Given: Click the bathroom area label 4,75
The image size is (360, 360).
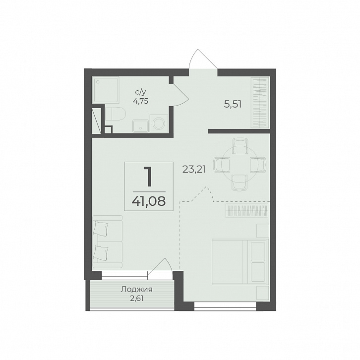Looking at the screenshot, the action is [x=140, y=101].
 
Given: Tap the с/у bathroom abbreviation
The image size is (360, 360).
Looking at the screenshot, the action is [x=140, y=92].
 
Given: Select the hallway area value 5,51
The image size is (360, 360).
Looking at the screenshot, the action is [x=233, y=105].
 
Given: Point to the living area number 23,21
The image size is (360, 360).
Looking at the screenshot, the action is [x=194, y=170].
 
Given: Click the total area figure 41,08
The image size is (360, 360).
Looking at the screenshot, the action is [x=149, y=201].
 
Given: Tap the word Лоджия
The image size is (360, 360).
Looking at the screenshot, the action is [x=136, y=289].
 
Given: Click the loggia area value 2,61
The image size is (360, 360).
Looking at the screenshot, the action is [x=137, y=299].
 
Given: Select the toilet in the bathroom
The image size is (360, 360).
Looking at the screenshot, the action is [x=116, y=114].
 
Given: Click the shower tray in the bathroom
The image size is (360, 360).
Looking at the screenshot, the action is [x=106, y=90].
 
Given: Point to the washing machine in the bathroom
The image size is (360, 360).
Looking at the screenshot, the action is [x=159, y=123].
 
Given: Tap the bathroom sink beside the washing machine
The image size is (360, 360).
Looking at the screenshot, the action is [x=140, y=126].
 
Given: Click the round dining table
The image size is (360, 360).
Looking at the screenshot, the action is [x=240, y=165].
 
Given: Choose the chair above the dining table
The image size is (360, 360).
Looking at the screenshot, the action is [x=240, y=146].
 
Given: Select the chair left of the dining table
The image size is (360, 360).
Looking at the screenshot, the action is [x=222, y=165].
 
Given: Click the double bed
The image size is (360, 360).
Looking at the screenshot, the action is [x=240, y=262].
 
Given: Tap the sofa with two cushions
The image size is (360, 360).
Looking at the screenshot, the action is [x=107, y=241].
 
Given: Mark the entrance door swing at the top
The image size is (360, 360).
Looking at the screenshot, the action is [x=203, y=59].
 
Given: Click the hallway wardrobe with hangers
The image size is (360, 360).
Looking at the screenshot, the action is [x=260, y=102].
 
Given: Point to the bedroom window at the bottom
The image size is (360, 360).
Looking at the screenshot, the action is [x=225, y=306].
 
